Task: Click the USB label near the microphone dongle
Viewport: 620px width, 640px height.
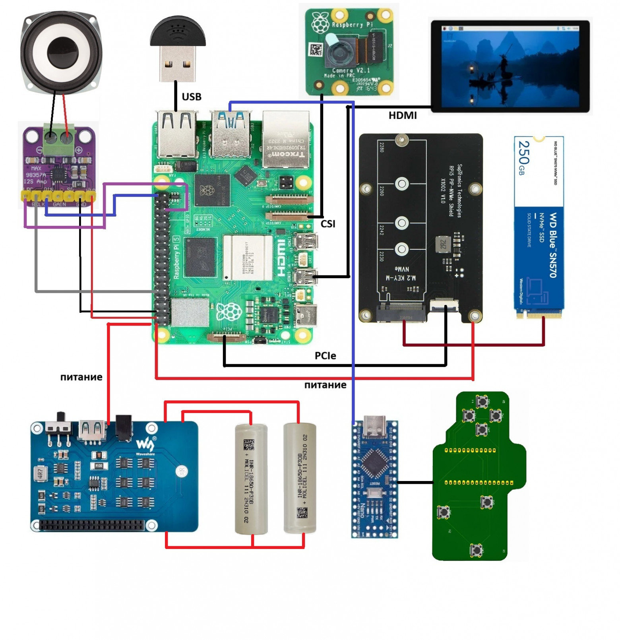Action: pyautogui.click(x=192, y=97)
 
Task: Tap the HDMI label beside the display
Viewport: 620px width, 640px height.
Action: pyautogui.click(x=402, y=115)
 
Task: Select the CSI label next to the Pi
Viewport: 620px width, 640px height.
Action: pyautogui.click(x=328, y=224)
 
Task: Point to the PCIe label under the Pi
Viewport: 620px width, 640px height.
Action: pyautogui.click(x=325, y=355)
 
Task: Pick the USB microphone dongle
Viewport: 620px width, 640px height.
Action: pyautogui.click(x=178, y=48)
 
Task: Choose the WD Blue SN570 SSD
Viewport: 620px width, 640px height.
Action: pyautogui.click(x=539, y=227)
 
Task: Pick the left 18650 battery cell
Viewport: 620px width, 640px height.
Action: pyautogui.click(x=251, y=479)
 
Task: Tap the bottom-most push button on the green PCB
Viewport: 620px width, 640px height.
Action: pyautogui.click(x=476, y=550)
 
